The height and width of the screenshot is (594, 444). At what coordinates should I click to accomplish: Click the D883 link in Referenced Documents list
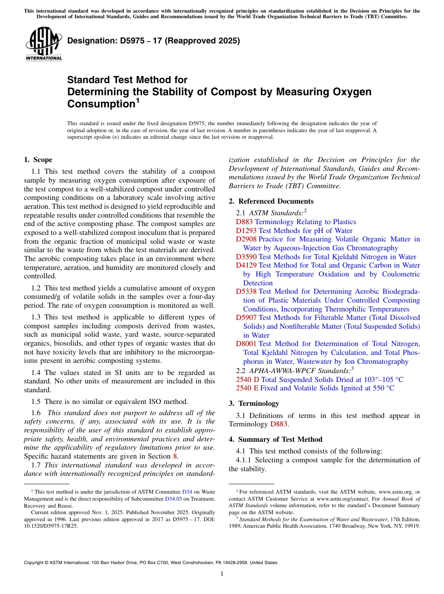pyautogui.click(x=244, y=222)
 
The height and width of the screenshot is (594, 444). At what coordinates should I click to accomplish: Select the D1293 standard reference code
pyautogui.click(x=246, y=231)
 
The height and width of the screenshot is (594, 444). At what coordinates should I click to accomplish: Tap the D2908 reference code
pyautogui.click(x=246, y=239)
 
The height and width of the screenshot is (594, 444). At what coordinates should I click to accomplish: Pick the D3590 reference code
pyautogui.click(x=246, y=257)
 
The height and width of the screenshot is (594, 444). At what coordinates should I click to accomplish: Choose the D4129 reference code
pyautogui.click(x=246, y=265)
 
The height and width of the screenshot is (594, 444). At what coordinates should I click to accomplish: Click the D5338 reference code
pyautogui.click(x=246, y=291)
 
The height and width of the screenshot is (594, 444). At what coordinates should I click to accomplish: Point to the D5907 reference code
pyautogui.click(x=246, y=318)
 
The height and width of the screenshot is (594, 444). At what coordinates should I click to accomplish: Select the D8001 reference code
pyautogui.click(x=246, y=344)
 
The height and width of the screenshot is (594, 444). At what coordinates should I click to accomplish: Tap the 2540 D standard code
pyautogui.click(x=248, y=380)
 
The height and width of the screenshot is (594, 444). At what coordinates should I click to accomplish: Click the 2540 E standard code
pyautogui.click(x=247, y=388)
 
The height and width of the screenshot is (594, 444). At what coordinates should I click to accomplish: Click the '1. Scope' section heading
pyautogui.click(x=38, y=160)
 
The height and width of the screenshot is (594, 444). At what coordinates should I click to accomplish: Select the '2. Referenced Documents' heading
pyautogui.click(x=271, y=201)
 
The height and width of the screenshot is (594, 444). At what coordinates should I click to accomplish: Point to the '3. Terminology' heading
pyautogui.click(x=254, y=403)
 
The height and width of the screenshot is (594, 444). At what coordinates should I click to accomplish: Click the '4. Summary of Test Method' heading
pyautogui.click(x=275, y=439)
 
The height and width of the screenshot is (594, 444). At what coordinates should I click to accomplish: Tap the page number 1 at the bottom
pyautogui.click(x=222, y=574)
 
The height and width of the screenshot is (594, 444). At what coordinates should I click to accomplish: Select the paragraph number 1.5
pyautogui.click(x=36, y=401)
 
